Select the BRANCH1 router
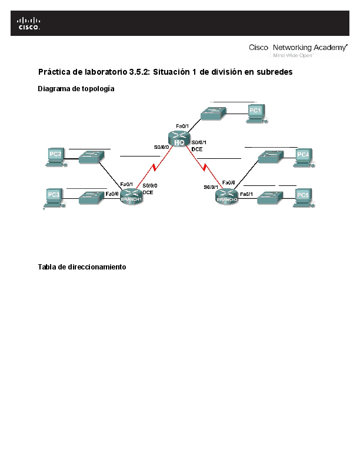(131, 197)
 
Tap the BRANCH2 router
(227, 197)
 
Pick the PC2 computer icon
(56, 156)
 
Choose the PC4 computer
(303, 157)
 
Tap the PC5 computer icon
(303, 197)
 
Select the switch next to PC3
(91, 197)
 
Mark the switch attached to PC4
(271, 157)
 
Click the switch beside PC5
(271, 197)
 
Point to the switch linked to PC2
(91, 157)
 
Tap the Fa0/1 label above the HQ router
(182, 126)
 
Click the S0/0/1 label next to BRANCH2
(211, 187)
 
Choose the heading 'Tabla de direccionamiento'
(82, 267)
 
